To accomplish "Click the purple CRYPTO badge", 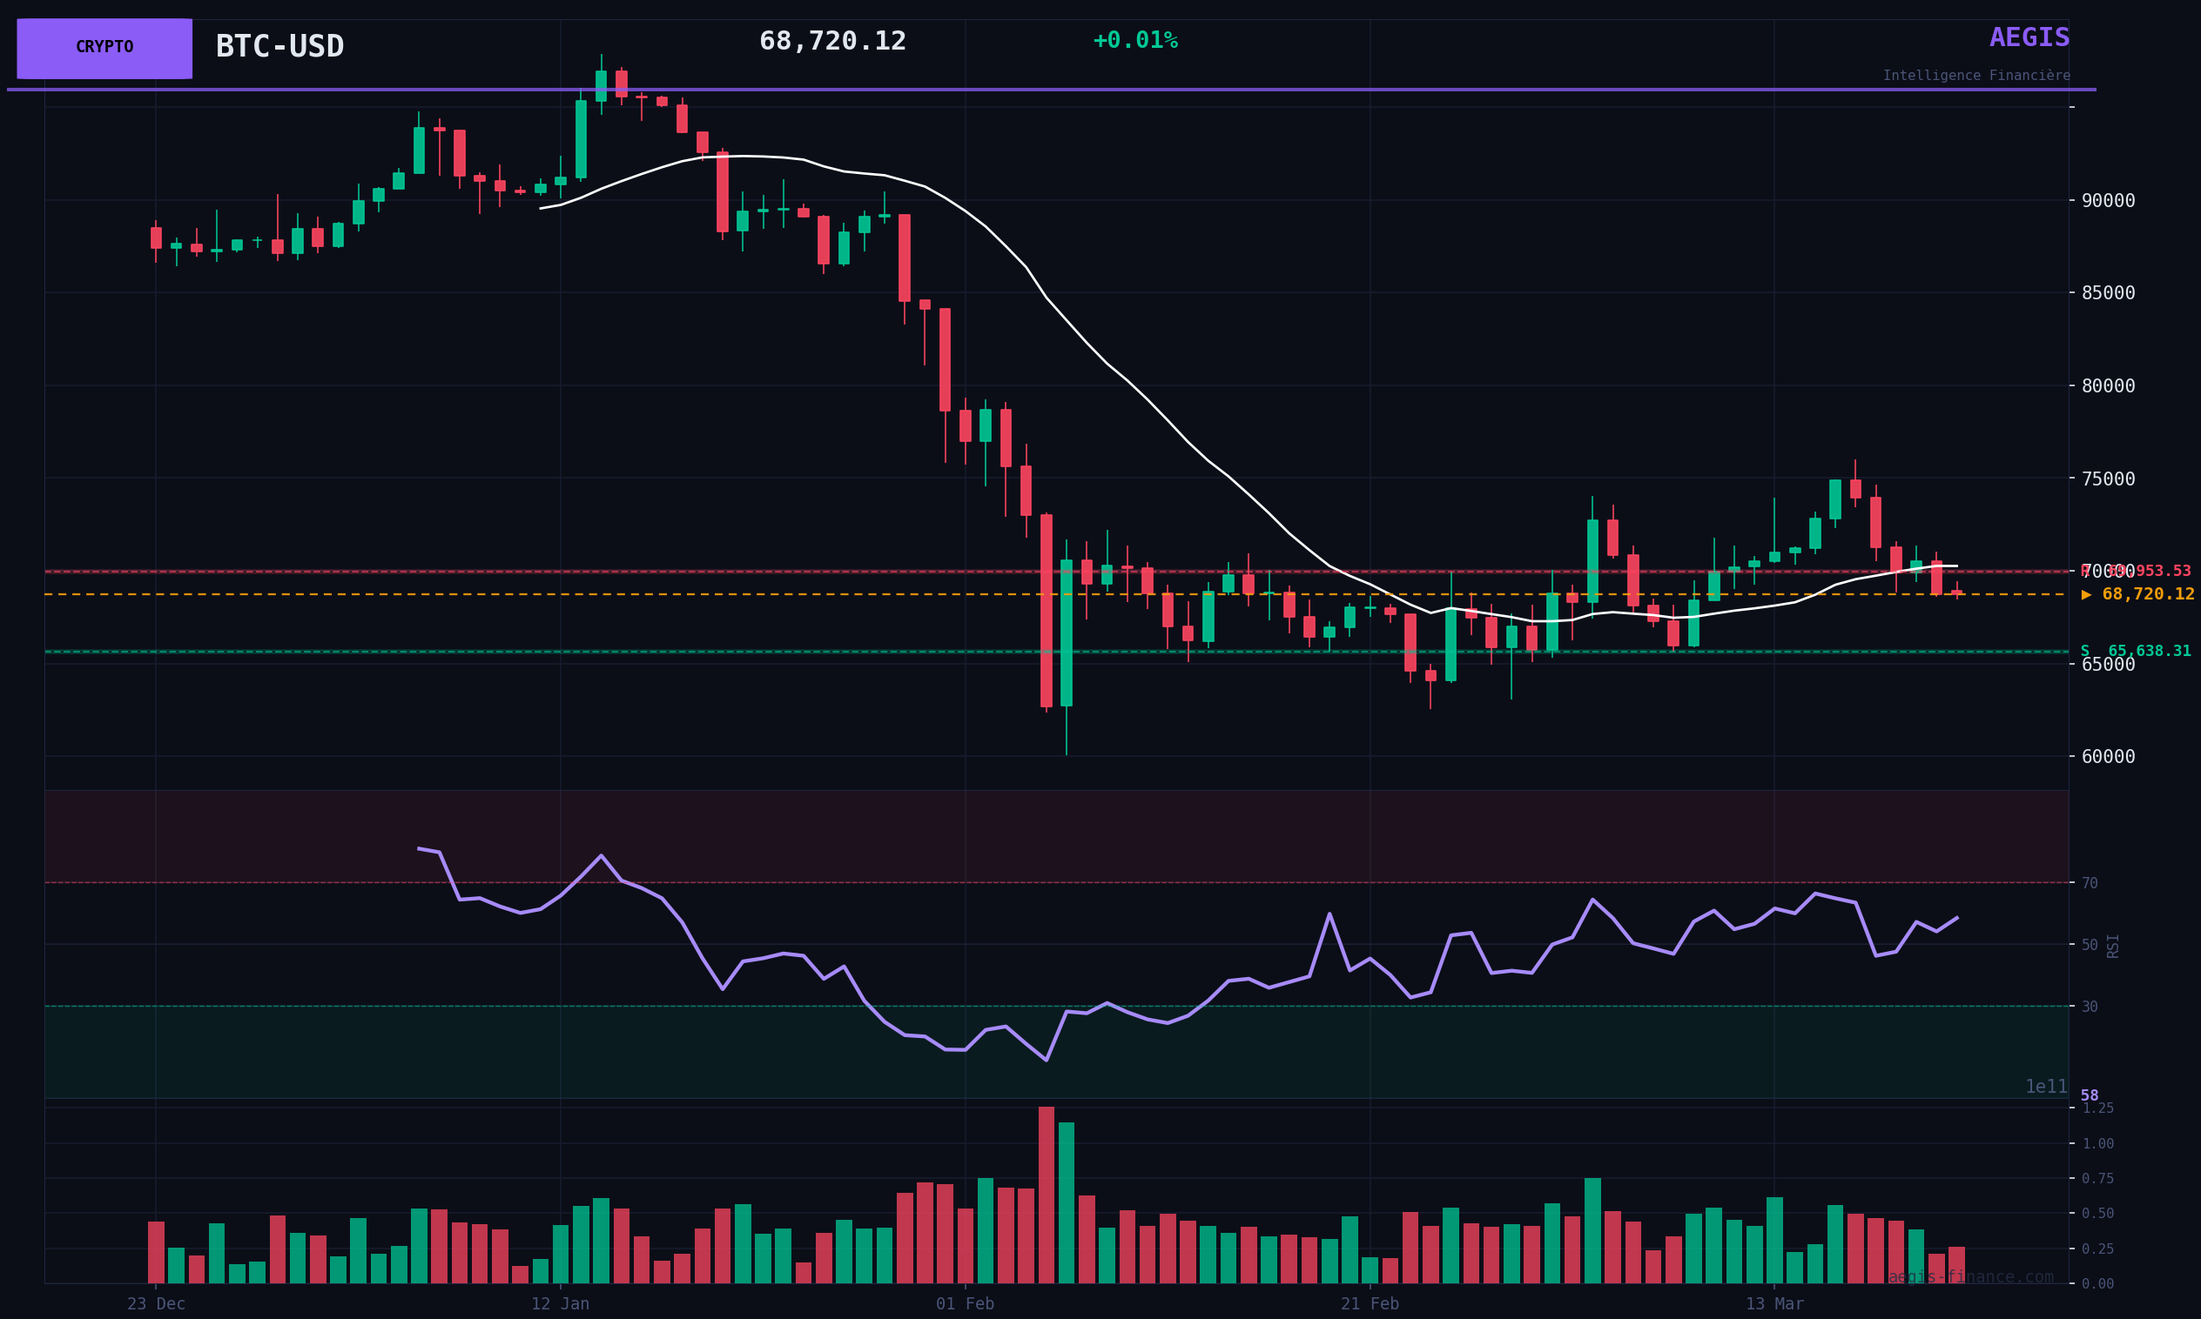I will click(104, 48).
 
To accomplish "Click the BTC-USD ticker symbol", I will click(279, 47).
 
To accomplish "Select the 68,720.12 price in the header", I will click(832, 42).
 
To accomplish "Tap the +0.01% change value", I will click(1134, 41).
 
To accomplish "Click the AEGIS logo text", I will click(2029, 38).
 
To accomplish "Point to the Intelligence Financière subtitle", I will click(1976, 77).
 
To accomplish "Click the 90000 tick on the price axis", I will click(2108, 201).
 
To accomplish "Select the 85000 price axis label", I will click(2108, 293).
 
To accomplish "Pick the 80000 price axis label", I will click(2108, 385).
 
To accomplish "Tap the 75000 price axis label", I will click(2108, 479).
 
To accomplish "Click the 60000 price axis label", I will click(2108, 757).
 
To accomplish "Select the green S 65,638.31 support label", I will click(2136, 652).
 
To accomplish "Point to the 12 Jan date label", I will click(560, 1305).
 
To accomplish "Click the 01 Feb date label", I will click(965, 1305).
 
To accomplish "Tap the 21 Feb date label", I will click(1370, 1305).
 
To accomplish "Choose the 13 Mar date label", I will click(1774, 1305).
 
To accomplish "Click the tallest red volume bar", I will click(1046, 1195).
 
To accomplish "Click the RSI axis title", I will click(2113, 946).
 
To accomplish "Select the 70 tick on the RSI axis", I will click(2089, 883).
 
